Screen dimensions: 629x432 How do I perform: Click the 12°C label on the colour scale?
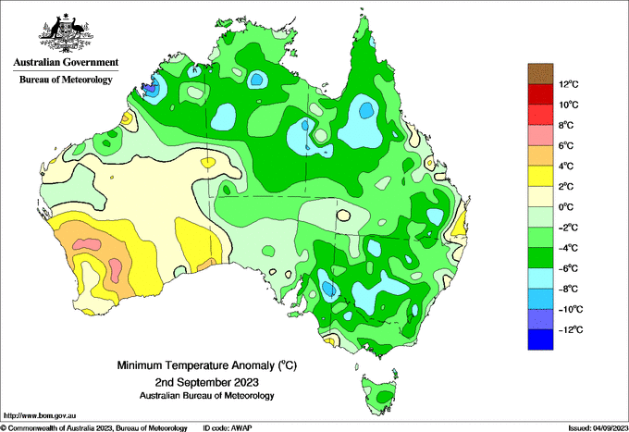click(569, 84)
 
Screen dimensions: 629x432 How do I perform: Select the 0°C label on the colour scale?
click(566, 207)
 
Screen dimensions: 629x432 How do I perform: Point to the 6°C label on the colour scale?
click(566, 145)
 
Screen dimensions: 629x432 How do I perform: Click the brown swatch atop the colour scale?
click(540, 74)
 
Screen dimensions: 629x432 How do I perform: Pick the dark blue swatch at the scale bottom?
click(540, 339)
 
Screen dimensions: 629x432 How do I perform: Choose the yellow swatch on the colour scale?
click(540, 176)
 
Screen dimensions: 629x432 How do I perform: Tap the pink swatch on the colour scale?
click(540, 135)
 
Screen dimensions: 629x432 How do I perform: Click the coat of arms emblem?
click(67, 33)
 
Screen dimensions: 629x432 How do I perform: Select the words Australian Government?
click(66, 62)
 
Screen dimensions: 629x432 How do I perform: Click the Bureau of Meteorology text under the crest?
click(66, 80)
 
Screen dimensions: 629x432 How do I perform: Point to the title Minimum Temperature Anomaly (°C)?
click(207, 365)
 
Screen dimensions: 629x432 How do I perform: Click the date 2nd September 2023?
click(207, 381)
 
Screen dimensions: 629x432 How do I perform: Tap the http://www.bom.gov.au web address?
click(40, 415)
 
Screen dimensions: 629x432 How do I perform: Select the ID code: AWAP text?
click(228, 428)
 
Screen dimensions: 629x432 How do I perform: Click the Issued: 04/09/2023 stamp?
click(598, 428)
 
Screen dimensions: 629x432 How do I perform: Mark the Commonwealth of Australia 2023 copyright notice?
click(93, 428)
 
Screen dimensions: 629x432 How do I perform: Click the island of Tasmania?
click(379, 394)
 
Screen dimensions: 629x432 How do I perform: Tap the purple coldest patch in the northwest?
click(150, 88)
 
